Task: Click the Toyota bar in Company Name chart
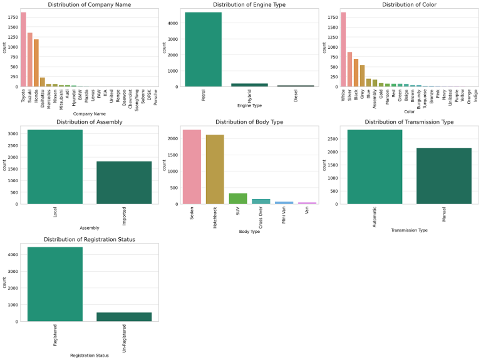point(23,50)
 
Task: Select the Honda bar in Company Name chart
point(36,63)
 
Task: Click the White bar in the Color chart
point(343,50)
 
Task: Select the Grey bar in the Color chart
point(362,76)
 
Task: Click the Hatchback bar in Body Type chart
point(215,170)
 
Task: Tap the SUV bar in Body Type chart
point(238,198)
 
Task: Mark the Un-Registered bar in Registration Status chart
point(124,317)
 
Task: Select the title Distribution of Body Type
point(249,122)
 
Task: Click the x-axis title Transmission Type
point(409,230)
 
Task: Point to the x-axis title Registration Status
point(90,356)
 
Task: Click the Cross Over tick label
point(262,217)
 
